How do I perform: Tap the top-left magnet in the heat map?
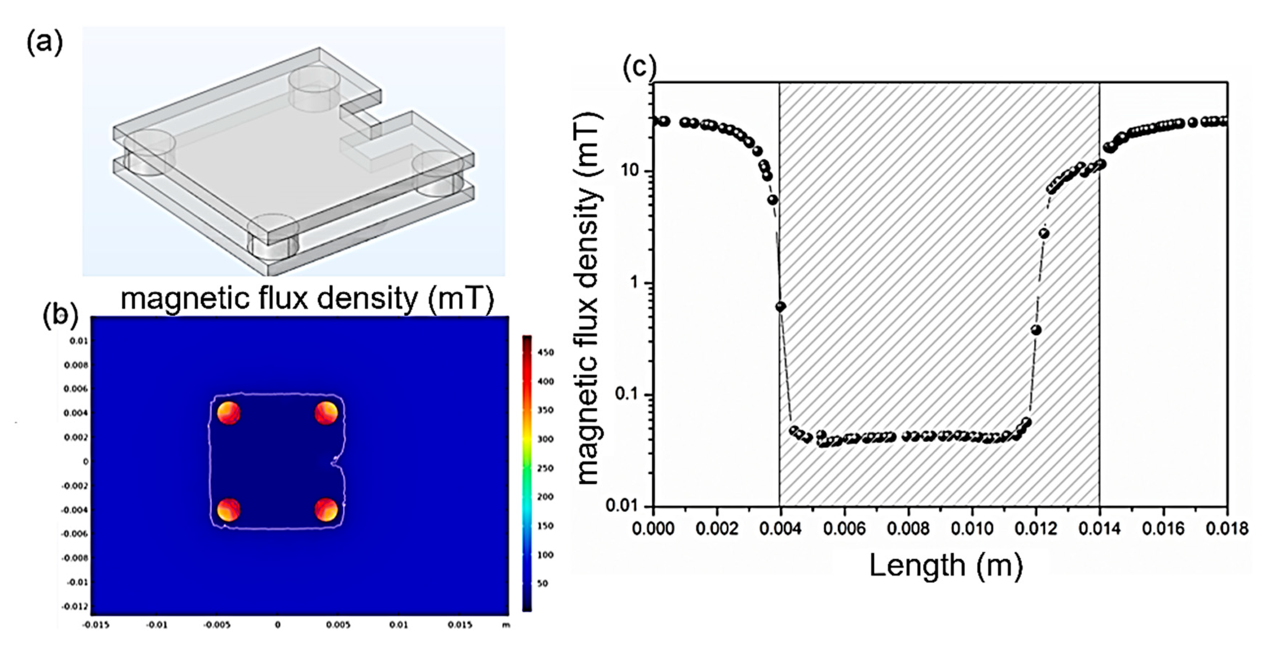pos(229,413)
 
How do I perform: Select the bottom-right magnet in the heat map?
pos(326,509)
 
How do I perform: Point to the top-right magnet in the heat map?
pos(326,413)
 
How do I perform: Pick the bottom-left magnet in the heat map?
pos(229,509)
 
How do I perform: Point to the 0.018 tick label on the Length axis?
pos(1227,529)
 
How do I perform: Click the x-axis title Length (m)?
pos(945,566)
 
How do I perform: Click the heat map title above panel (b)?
pos(307,299)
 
